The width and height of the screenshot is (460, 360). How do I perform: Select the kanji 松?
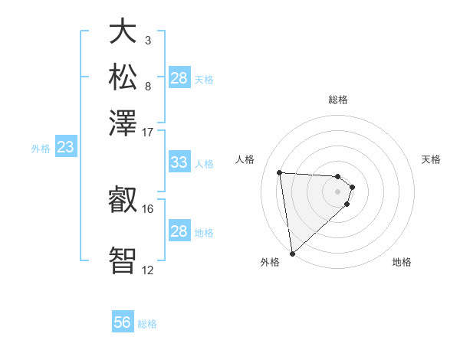tap(123, 77)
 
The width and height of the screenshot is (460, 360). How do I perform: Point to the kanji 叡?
tap(123, 201)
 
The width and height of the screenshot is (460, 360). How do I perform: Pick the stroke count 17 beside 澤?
tap(148, 132)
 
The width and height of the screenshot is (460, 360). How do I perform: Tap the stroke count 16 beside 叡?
tap(148, 208)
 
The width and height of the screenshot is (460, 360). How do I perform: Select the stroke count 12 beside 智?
tap(148, 270)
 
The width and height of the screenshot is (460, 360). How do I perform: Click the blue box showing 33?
tap(179, 162)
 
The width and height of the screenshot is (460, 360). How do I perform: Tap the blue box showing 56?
tap(123, 322)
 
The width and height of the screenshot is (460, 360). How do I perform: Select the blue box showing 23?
tap(65, 147)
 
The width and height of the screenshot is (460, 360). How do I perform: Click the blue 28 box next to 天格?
tap(179, 78)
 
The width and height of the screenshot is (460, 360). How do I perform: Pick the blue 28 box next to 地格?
tap(179, 231)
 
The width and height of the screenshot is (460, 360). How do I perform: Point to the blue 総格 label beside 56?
tap(147, 324)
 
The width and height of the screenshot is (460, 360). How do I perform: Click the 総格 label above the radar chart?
tap(337, 100)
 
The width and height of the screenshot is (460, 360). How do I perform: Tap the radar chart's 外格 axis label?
tap(270, 262)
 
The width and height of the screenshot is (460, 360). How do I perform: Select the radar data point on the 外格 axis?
tap(292, 253)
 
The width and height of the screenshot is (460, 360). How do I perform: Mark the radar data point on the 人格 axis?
tap(280, 172)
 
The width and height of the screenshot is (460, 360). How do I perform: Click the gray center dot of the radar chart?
tap(337, 191)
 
